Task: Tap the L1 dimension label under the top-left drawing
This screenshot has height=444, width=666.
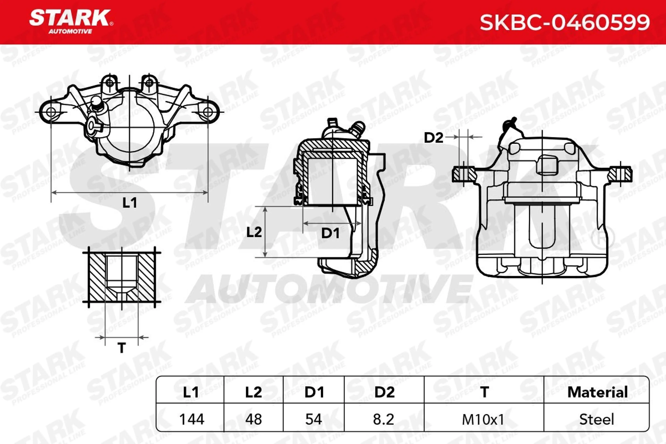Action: point(130,203)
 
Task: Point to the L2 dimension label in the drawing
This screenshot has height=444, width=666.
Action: point(254,232)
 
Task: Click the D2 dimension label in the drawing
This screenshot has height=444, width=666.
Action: point(434,138)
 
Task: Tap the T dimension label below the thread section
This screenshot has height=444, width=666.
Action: point(122,348)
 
